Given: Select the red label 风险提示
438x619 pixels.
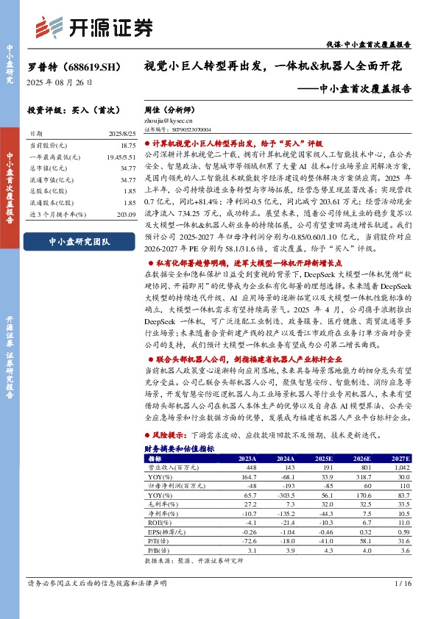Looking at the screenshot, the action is [x=165, y=436].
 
